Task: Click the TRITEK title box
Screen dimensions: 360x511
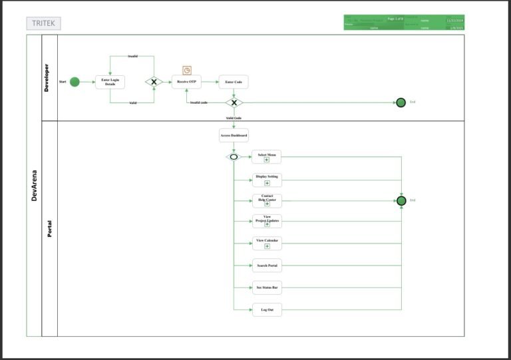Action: (43, 23)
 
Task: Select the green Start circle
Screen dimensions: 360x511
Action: (75, 82)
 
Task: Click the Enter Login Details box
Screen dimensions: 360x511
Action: (110, 82)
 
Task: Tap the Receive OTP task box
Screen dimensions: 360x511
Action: (186, 82)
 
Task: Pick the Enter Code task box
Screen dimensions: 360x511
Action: (234, 82)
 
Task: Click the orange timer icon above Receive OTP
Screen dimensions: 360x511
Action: (187, 70)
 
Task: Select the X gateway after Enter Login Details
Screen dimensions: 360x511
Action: (154, 82)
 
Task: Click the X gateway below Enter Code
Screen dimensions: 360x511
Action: (234, 102)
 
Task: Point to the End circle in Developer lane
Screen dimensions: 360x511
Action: (401, 102)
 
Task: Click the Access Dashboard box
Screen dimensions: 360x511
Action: (234, 136)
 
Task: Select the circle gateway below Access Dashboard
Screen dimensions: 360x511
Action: (233, 157)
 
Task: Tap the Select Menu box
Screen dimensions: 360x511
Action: (267, 156)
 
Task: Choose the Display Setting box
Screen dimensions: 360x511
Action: (267, 180)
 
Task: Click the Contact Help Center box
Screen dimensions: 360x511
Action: (267, 200)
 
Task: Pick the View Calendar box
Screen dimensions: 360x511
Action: (267, 243)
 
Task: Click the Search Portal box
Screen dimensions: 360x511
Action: (267, 266)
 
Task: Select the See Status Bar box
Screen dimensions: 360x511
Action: (267, 288)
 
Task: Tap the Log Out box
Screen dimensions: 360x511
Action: (267, 309)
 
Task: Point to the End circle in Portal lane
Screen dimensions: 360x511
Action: (401, 200)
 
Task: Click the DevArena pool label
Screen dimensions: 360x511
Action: (34, 186)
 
